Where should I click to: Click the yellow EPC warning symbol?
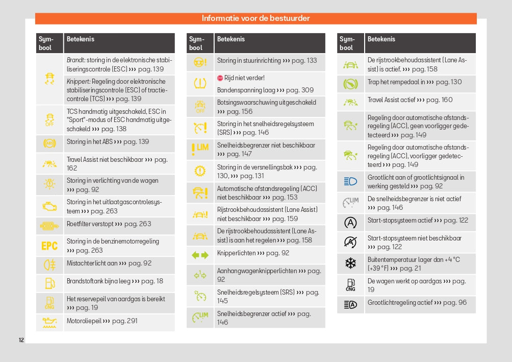[x=49, y=246]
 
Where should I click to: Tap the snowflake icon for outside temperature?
[x=350, y=263]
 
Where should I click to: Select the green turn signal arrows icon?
[x=200, y=255]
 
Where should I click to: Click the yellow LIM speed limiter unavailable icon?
[x=200, y=149]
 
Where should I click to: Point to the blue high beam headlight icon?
[x=350, y=181]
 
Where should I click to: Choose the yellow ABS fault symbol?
[x=49, y=143]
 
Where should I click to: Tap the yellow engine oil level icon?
[x=49, y=322]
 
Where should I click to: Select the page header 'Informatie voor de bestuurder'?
[x=255, y=18]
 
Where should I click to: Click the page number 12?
[x=21, y=340]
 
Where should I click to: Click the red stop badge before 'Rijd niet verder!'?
[x=220, y=78]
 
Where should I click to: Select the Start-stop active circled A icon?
[x=350, y=223]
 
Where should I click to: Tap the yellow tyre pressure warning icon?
[x=200, y=83]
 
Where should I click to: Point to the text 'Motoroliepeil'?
[x=84, y=321]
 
